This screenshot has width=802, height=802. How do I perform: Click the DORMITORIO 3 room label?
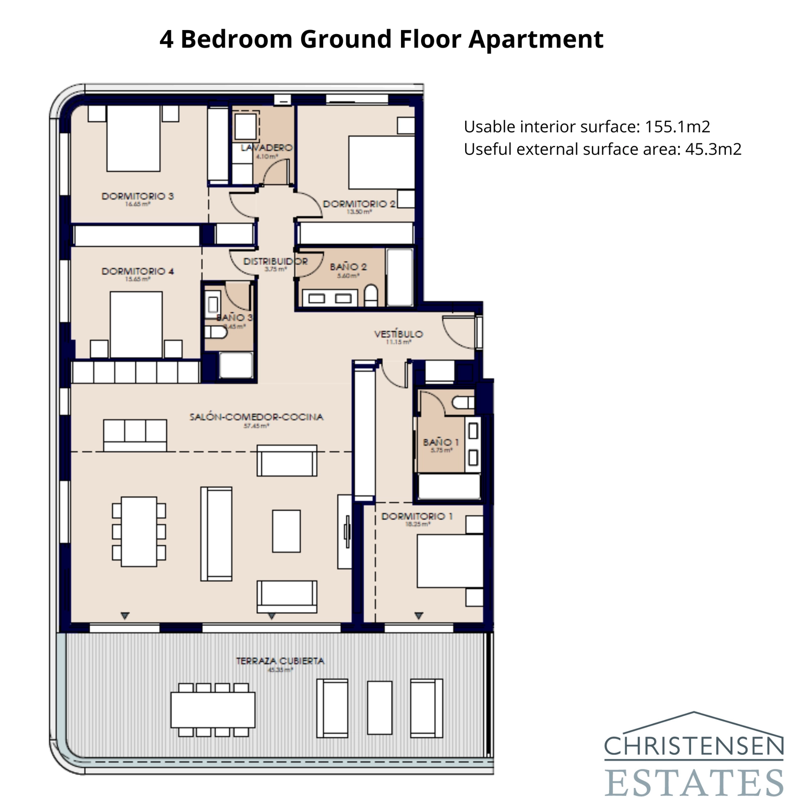[137, 196]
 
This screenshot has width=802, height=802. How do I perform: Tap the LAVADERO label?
[266, 147]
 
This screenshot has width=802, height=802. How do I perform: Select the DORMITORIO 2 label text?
[359, 204]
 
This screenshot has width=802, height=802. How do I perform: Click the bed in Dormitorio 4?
[136, 324]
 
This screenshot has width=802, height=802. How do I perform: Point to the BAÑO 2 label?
[348, 267]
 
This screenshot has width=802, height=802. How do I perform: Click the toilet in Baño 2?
[370, 295]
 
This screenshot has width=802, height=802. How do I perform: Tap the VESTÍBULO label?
[398, 334]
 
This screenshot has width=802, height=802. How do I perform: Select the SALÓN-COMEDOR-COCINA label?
[256, 417]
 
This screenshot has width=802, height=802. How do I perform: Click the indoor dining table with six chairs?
[139, 531]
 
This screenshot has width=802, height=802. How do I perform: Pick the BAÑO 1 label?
[441, 442]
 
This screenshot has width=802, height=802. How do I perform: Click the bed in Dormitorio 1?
[450, 561]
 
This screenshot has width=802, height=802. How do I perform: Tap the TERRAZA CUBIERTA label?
[280, 661]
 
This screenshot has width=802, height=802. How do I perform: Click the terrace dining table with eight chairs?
[213, 709]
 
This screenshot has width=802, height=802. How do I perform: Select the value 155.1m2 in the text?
[677, 127]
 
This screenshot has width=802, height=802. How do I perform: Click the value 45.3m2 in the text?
[713, 149]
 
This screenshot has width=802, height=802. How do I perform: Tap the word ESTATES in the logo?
[694, 782]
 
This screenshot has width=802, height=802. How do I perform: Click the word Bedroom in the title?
[236, 39]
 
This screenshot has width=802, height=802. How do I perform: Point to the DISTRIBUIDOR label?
[275, 261]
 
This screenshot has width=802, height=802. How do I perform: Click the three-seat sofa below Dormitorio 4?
[135, 435]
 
